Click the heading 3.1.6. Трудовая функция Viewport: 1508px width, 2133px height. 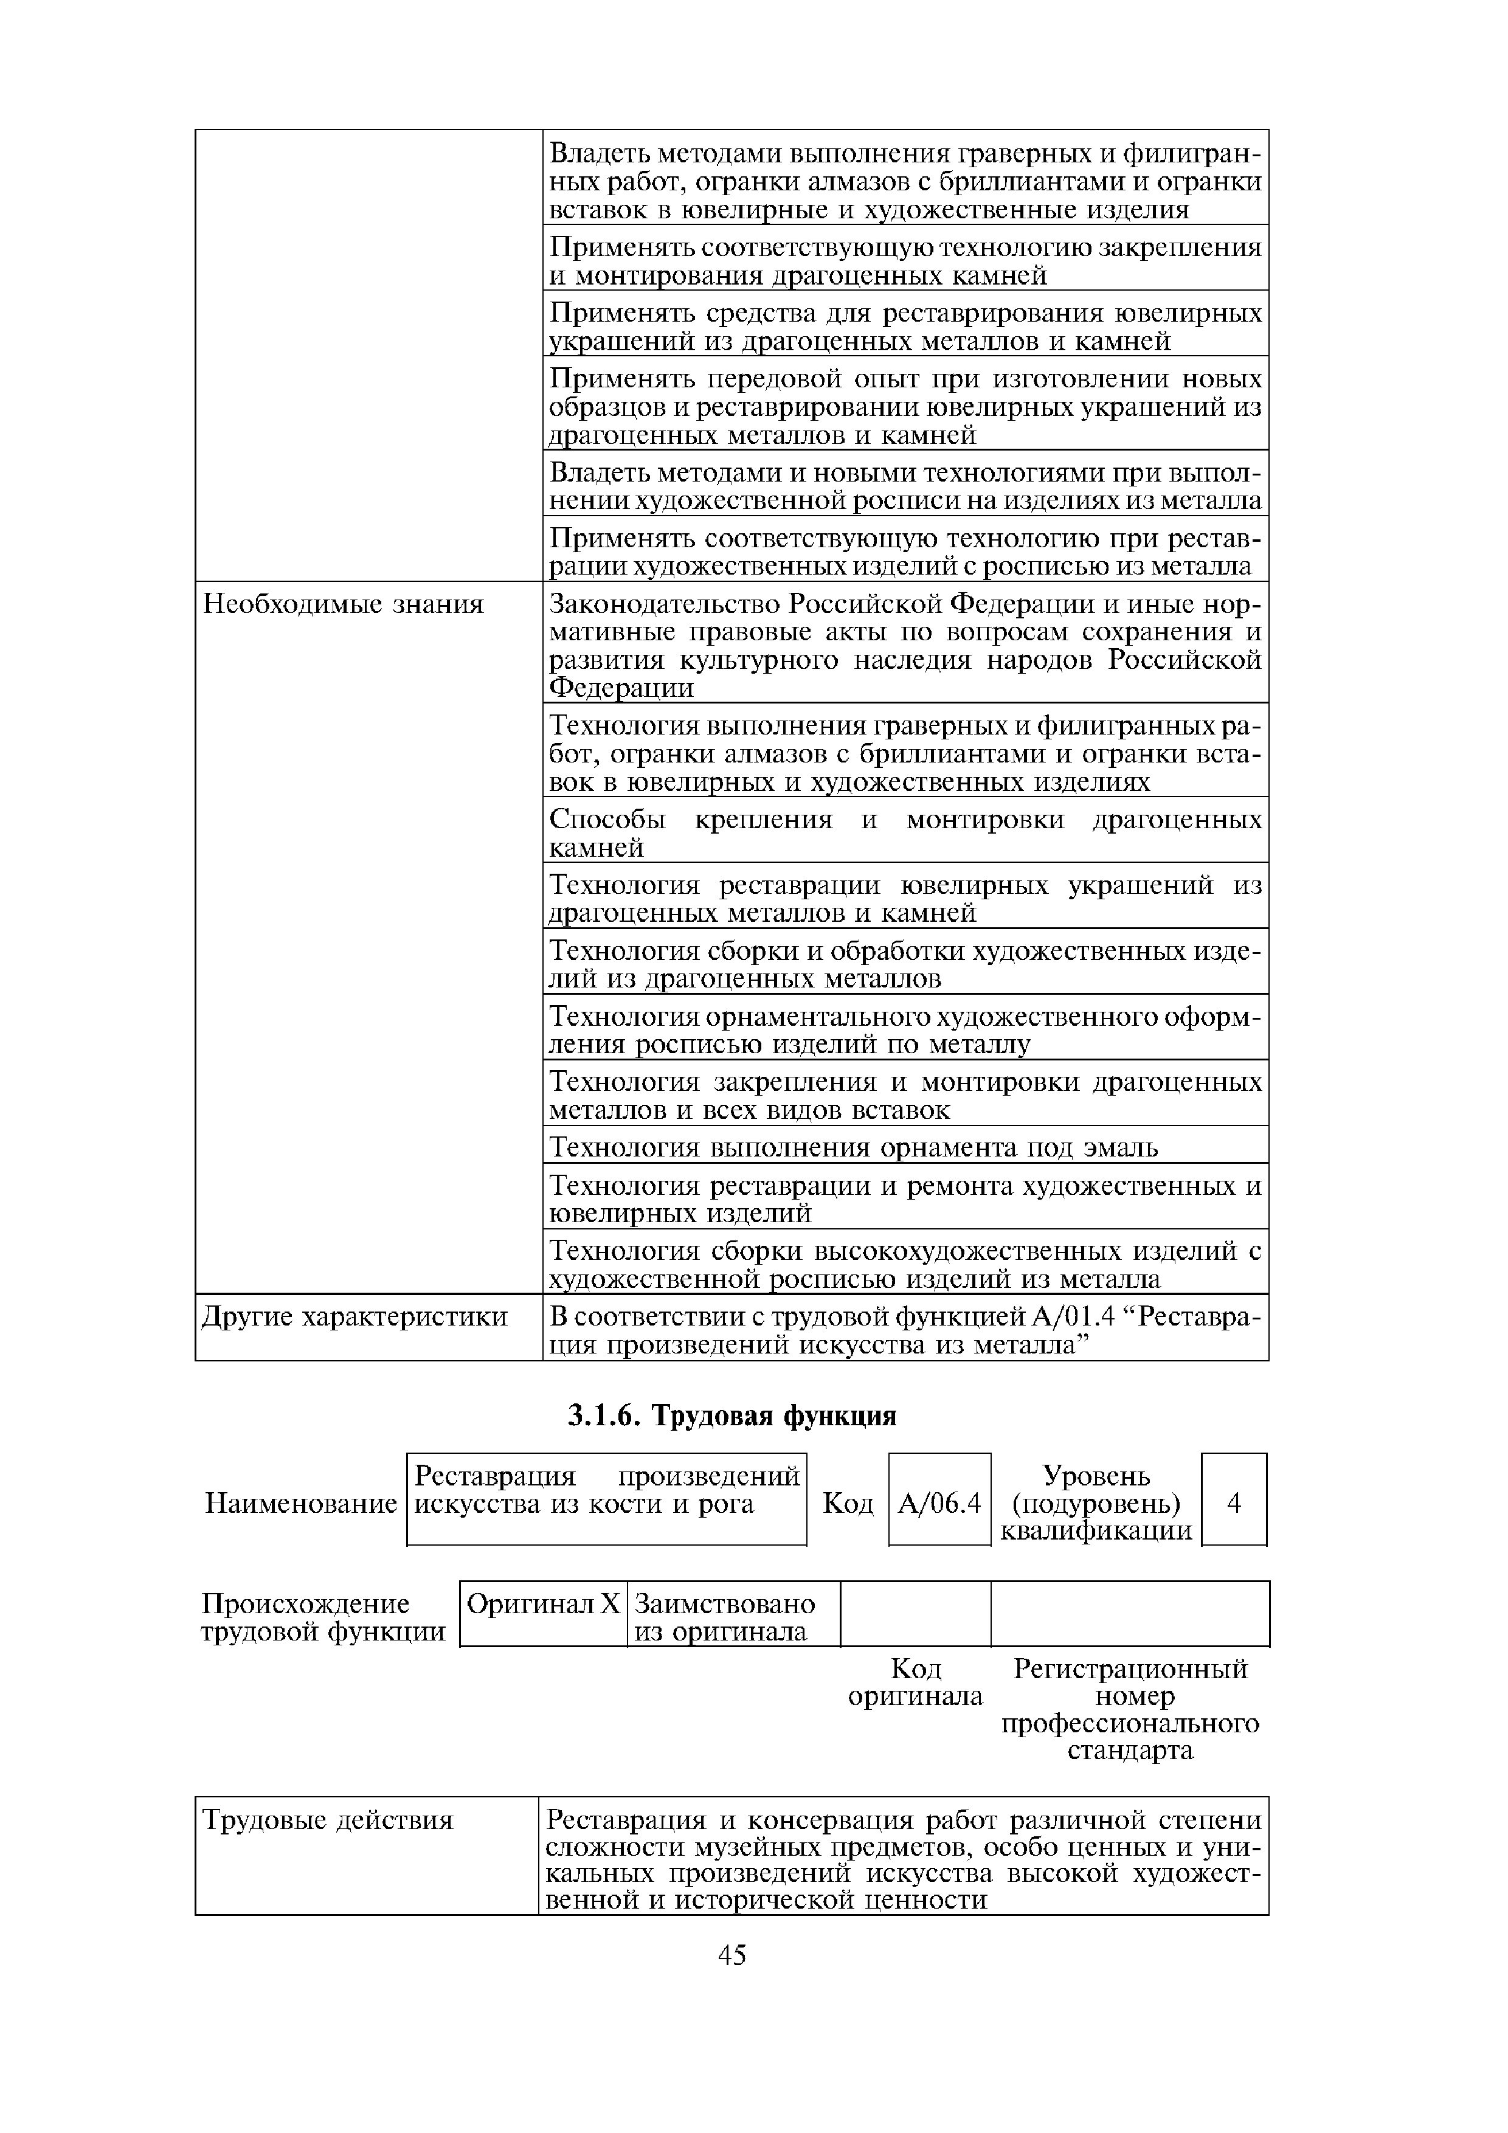click(x=732, y=1415)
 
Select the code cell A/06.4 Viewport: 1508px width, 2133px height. click(x=939, y=1502)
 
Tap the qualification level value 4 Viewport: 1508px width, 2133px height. click(x=1234, y=1502)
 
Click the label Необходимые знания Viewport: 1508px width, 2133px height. click(x=344, y=605)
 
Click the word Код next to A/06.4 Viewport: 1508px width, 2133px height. click(x=848, y=1503)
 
